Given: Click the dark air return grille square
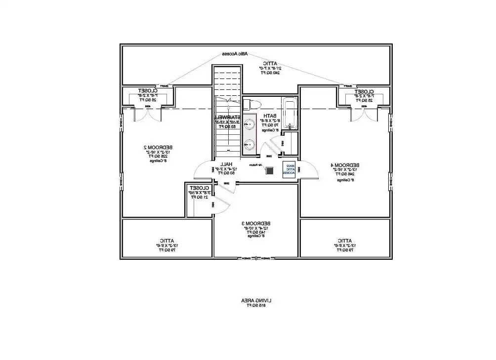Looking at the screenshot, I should [269, 170].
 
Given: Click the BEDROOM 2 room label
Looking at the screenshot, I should [158, 147].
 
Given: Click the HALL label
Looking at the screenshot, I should [226, 164].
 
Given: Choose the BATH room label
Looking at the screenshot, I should [269, 116].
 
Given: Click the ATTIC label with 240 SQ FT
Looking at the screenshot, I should [270, 63].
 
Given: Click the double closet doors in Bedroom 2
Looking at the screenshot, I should [148, 115].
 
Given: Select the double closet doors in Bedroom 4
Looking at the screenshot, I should [364, 115].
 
